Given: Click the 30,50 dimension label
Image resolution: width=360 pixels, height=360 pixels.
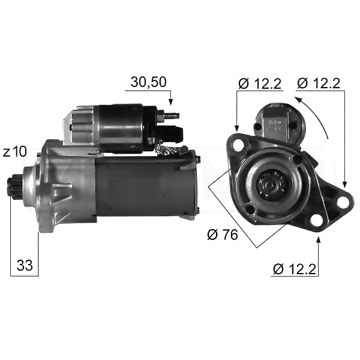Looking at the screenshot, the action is point(149,82).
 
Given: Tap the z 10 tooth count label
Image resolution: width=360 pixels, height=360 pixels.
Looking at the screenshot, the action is point(15,152).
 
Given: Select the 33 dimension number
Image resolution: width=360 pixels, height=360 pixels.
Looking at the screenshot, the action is point(25,265).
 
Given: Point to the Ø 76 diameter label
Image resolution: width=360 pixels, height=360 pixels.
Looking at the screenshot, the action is point(223,235).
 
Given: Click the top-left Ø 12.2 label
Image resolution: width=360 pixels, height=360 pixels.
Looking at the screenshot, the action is point(260,83).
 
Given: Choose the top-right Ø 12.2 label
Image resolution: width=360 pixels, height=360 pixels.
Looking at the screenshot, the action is point(319,83).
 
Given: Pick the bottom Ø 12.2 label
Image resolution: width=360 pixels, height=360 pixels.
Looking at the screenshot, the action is point(295,269).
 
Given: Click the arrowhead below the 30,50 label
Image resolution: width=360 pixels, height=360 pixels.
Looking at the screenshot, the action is point(170,102).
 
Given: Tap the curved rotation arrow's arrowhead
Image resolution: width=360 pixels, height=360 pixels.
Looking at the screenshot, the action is point(298,100).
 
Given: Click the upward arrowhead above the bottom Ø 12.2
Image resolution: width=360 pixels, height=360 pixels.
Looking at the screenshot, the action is point(318,241).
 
